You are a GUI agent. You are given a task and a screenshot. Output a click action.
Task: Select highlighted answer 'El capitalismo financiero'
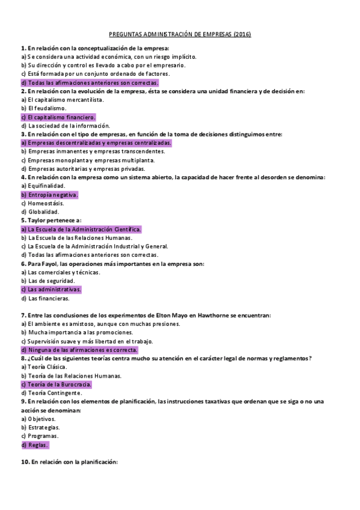tap(58, 117)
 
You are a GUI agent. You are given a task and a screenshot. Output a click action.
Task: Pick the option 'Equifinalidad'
tap(43, 186)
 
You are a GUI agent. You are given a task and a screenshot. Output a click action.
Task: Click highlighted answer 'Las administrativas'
tap(51, 289)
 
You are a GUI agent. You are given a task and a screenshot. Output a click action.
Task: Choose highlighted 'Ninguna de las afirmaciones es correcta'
tap(79, 350)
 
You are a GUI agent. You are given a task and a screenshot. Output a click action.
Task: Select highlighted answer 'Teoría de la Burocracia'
tap(56, 384)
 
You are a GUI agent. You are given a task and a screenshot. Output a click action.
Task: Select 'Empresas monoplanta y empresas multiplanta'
tap(87, 161)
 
